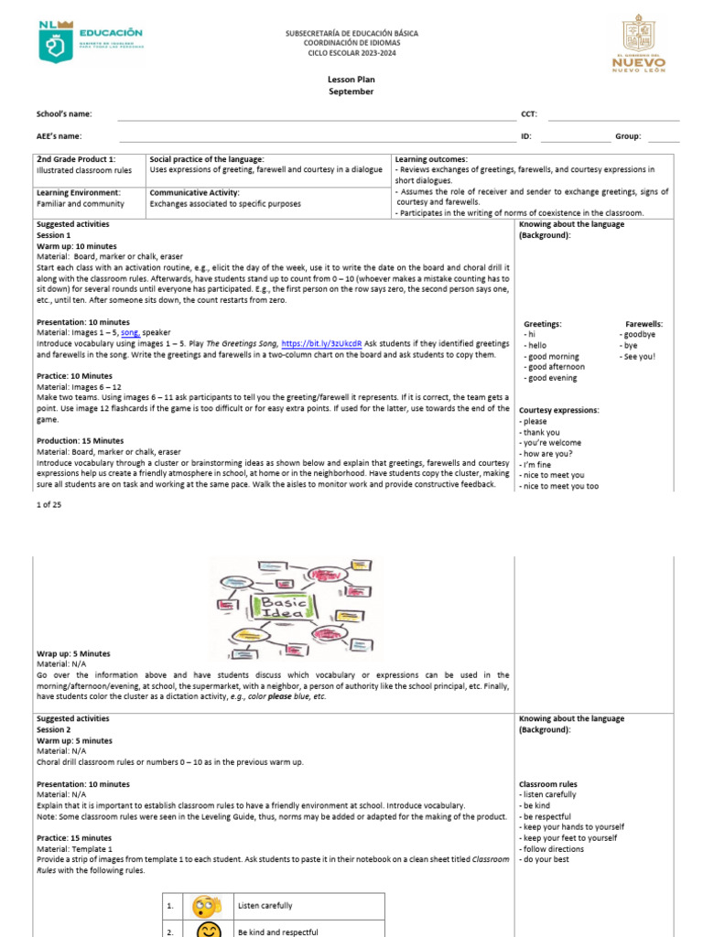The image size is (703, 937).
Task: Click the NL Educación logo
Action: click(91, 41)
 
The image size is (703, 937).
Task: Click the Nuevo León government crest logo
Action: click(638, 44)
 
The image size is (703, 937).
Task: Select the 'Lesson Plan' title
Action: click(351, 80)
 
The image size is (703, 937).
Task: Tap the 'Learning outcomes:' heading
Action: click(431, 159)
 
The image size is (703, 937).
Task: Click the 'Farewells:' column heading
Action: click(644, 324)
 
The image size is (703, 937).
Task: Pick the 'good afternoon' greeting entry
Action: click(557, 367)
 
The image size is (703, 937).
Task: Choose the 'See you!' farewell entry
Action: click(638, 356)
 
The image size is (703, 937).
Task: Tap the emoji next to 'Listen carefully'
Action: click(207, 906)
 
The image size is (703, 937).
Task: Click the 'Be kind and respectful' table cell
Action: click(278, 931)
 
